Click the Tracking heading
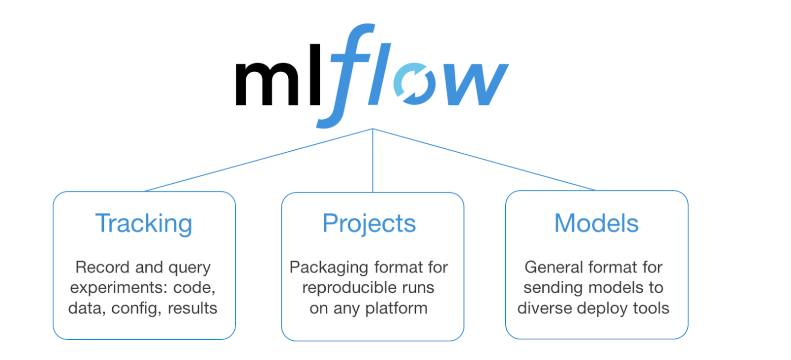coord(143,224)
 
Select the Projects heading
coord(369,224)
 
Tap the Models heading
coord(596,224)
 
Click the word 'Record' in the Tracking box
coord(103,267)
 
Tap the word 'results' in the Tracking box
coord(192,308)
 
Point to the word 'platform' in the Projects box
coord(396,308)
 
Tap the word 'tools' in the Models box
coord(651,308)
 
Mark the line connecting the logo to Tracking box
coord(259,160)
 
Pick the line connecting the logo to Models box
coord(484,160)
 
